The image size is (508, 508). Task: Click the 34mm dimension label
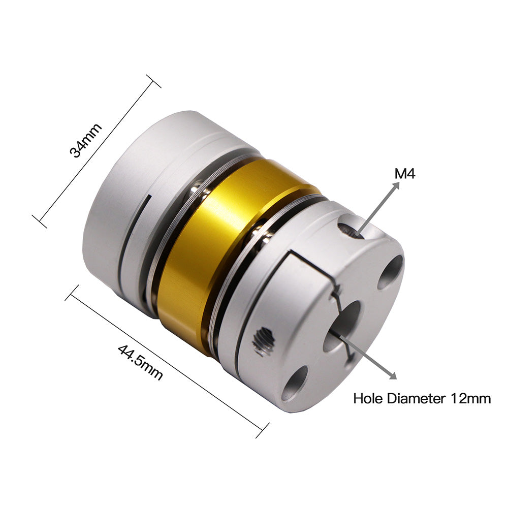[x=86, y=140]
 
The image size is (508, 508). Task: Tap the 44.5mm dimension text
[x=140, y=362]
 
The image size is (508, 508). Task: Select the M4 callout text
[x=405, y=174]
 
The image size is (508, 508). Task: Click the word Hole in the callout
[x=369, y=398]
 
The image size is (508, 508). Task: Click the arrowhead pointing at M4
[x=396, y=185]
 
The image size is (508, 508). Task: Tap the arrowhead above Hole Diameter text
[x=393, y=375]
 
